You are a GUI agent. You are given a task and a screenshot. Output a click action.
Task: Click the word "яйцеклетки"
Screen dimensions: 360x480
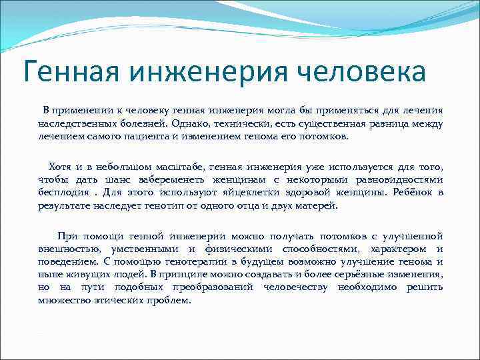250,193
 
